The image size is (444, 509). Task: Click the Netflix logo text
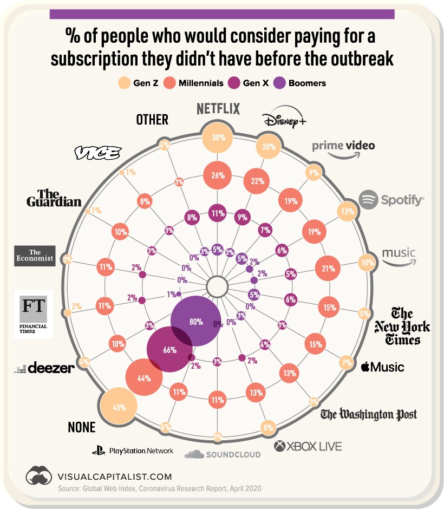[218, 109]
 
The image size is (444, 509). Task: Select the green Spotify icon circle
[369, 200]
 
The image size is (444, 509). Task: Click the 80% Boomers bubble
[196, 321]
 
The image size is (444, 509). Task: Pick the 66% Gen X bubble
[169, 350]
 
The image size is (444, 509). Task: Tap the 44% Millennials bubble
[143, 379]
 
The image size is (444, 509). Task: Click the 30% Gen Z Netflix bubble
[218, 138]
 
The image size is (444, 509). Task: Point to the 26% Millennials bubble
[218, 175]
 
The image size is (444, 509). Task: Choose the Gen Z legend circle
[124, 83]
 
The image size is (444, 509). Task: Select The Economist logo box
[35, 255]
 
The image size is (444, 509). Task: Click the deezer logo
[44, 368]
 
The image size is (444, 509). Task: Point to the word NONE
[81, 427]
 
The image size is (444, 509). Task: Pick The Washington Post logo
[369, 415]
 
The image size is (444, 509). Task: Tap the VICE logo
[97, 153]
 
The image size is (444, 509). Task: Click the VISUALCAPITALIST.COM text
[114, 477]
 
